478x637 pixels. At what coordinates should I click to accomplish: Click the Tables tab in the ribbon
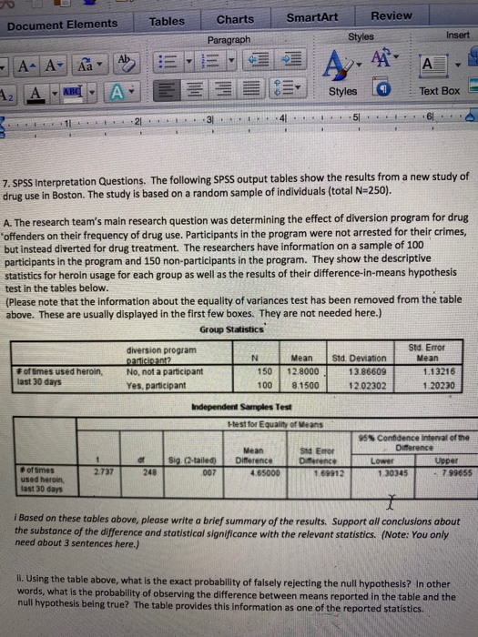[167, 21]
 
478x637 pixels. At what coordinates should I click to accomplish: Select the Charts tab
[236, 19]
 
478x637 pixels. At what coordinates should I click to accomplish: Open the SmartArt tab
[313, 16]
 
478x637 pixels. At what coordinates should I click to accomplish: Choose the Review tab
[392, 15]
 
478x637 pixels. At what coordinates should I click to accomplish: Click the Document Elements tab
[63, 24]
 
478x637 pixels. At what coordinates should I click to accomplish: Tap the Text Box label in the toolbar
[439, 91]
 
